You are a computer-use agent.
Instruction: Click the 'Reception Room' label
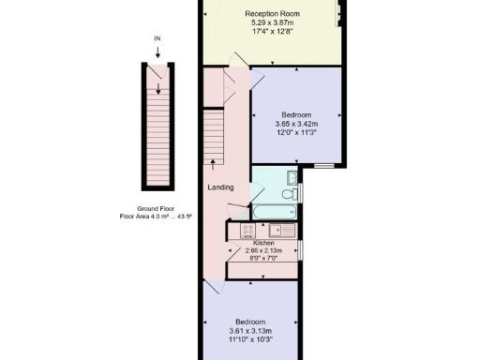coord(272,14)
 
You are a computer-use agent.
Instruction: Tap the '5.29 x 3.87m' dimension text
coord(272,22)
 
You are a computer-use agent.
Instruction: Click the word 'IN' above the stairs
coord(157,38)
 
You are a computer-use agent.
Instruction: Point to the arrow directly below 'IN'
coord(157,52)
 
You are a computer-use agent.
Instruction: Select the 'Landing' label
coord(220,187)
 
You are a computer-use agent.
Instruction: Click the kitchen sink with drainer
coord(282,230)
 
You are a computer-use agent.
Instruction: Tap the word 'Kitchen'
coord(263,243)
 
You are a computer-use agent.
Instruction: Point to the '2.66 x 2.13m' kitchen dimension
coord(263,250)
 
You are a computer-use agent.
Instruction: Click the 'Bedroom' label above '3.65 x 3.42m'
coord(296,115)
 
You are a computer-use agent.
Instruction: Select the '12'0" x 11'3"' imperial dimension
coord(296,132)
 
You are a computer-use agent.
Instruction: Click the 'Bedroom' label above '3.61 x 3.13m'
coord(249,322)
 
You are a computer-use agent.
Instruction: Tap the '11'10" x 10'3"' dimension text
coord(249,338)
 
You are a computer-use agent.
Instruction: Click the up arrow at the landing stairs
coord(214,164)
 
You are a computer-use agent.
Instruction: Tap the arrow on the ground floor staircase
coord(157,88)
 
